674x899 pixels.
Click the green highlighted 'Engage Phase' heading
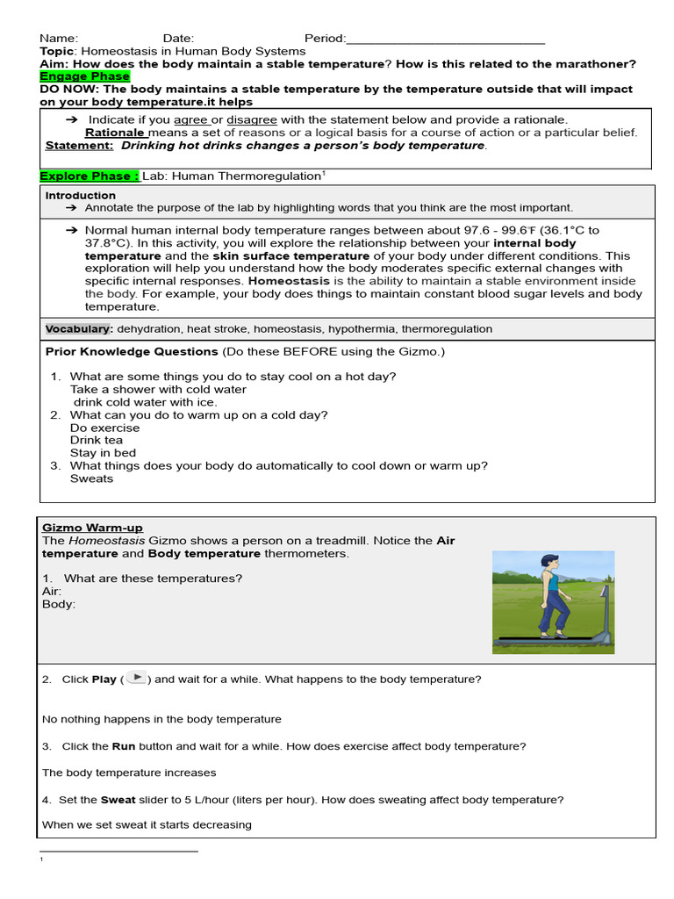pyautogui.click(x=84, y=76)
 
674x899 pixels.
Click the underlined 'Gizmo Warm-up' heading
pyautogui.click(x=92, y=528)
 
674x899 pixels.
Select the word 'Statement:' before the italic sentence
pyautogui.click(x=79, y=146)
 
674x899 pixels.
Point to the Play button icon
pyautogui.click(x=136, y=677)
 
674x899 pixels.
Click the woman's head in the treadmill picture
pyautogui.click(x=549, y=562)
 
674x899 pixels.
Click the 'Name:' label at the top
pyautogui.click(x=59, y=39)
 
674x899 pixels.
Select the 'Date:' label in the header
pyautogui.click(x=178, y=39)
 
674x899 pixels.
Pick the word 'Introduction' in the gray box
pyautogui.click(x=80, y=196)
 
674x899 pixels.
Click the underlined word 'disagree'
pyautogui.click(x=252, y=119)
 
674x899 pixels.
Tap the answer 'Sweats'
pyautogui.click(x=91, y=478)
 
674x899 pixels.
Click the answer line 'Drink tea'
pyautogui.click(x=97, y=441)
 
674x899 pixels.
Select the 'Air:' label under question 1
pyautogui.click(x=52, y=591)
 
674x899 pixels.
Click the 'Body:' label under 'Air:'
pyautogui.click(x=59, y=604)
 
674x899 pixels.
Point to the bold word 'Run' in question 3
pyautogui.click(x=123, y=746)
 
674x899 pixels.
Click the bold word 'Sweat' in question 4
pyautogui.click(x=118, y=800)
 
